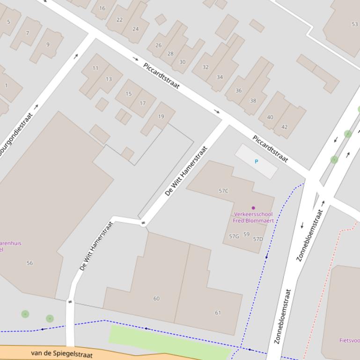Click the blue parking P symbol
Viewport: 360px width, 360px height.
coord(256,161)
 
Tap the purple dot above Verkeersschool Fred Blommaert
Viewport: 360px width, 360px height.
coord(253,208)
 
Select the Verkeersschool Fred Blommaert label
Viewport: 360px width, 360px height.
coord(253,217)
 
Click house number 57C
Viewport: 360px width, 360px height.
coord(223,191)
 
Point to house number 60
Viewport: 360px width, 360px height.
coord(156,298)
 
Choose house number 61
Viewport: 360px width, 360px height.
coord(218,313)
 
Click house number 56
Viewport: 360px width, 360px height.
coord(29,263)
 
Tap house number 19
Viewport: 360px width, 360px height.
coord(161,116)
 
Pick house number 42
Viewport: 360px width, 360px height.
coord(285,127)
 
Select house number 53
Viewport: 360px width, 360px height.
coord(354,24)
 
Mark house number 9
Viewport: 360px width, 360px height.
coord(48,45)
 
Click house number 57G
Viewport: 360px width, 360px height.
coord(234,237)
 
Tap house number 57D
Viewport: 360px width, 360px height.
coord(258,239)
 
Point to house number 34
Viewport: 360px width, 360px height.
coord(220,77)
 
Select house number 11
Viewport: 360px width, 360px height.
coord(96,68)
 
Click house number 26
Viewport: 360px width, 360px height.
coord(158,45)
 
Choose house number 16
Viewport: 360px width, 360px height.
coord(102,8)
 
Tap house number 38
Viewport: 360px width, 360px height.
coord(253,101)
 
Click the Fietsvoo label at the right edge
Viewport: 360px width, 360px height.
coord(349,340)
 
